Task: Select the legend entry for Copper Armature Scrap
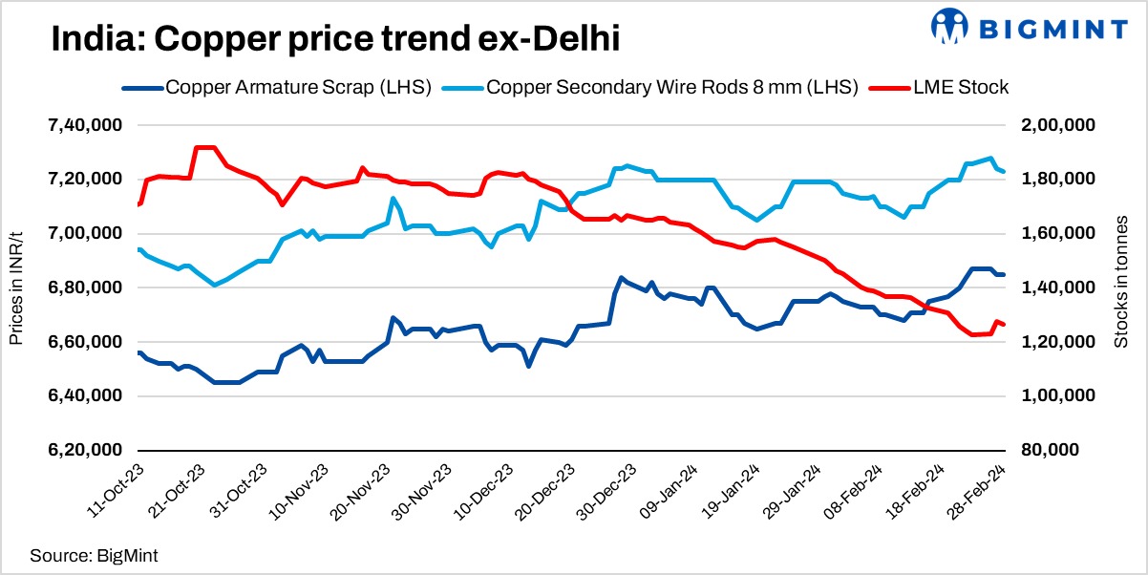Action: [277, 88]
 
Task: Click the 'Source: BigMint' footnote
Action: [93, 554]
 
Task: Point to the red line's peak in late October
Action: [204, 147]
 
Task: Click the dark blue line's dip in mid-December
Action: [528, 365]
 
